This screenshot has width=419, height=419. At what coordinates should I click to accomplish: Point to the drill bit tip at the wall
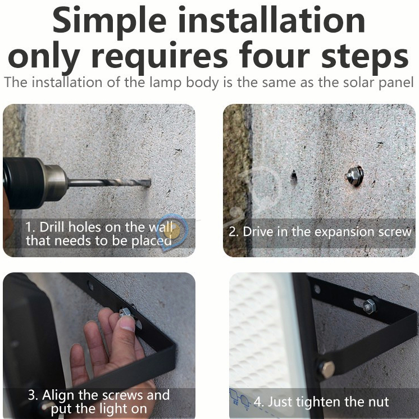click(x=149, y=183)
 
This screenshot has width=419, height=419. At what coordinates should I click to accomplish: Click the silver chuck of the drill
click(x=55, y=183)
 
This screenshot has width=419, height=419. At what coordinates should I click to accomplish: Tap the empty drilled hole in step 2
click(x=294, y=176)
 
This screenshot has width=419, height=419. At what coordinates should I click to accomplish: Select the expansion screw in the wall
click(x=354, y=176)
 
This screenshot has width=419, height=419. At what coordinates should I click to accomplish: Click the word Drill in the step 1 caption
click(x=52, y=227)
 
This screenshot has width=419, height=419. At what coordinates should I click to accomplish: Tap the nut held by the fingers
click(x=125, y=312)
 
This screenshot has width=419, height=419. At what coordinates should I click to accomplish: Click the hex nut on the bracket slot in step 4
click(x=370, y=306)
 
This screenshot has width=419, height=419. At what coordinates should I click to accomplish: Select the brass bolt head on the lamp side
click(x=327, y=370)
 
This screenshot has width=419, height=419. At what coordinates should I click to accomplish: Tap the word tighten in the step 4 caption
click(x=318, y=403)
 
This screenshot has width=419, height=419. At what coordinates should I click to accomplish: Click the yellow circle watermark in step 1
click(x=171, y=231)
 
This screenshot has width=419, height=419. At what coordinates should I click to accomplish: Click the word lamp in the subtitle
click(x=165, y=83)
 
